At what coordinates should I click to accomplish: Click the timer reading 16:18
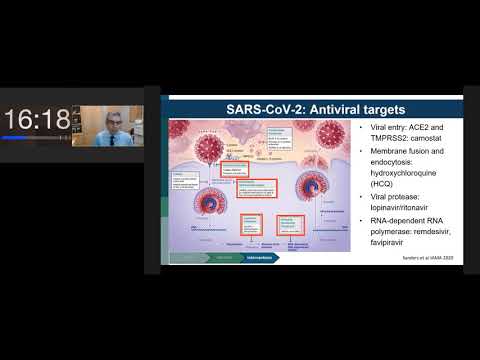point(37,120)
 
